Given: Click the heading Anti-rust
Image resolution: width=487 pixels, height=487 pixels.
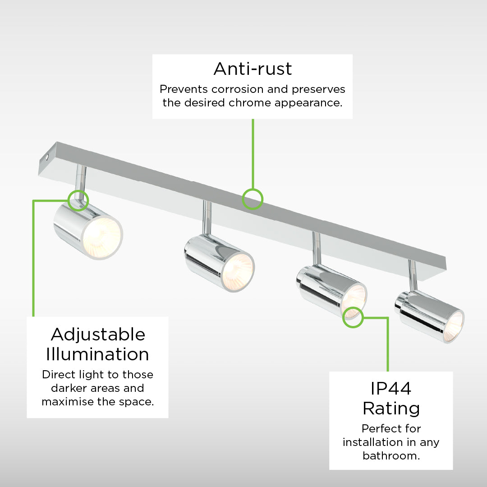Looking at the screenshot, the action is [x=253, y=69].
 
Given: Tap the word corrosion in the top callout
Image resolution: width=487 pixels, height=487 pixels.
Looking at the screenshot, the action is [x=238, y=89].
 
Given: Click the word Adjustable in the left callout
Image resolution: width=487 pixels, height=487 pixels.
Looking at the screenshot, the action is [x=98, y=335].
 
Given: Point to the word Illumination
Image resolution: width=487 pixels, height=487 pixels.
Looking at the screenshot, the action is [x=97, y=354].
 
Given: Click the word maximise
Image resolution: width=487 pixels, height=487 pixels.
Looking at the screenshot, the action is [x=67, y=402].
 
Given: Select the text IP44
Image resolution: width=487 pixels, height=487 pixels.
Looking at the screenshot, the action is [x=391, y=388].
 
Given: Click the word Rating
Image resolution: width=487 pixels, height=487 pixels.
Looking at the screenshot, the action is [x=391, y=409].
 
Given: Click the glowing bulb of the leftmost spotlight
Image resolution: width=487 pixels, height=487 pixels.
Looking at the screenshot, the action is [x=101, y=237].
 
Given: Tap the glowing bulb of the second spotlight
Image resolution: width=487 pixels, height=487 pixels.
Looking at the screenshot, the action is [x=238, y=271].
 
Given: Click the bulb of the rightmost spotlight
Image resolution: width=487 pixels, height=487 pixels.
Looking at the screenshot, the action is [x=454, y=326].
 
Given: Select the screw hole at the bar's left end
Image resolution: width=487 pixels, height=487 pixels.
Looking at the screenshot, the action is [x=47, y=157].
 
